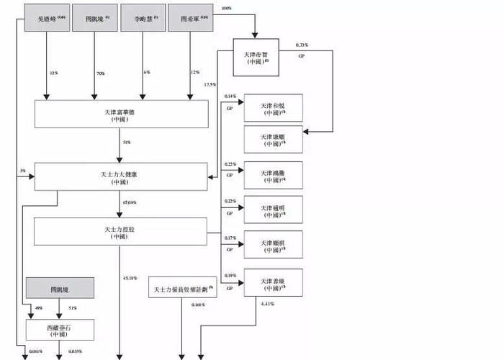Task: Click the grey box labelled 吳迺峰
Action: point(47,17)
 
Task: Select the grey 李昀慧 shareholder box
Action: point(143,17)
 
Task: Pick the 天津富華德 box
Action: point(121,114)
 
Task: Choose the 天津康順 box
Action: point(273,139)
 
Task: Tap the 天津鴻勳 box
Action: point(273,175)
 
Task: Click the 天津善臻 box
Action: point(273,282)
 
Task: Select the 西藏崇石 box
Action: point(60,330)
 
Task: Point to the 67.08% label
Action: point(130,203)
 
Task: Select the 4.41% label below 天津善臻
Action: point(267,304)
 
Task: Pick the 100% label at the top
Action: point(226,9)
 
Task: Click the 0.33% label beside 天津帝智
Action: point(302,45)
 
